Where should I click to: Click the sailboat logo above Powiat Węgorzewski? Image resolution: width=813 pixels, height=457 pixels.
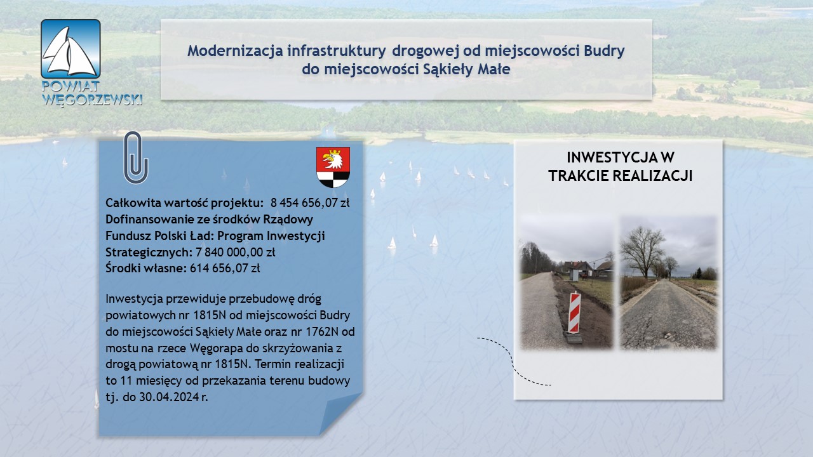71,49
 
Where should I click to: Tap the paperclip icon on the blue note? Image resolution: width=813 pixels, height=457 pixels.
136,157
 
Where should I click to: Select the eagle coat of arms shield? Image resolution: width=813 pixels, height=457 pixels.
333,167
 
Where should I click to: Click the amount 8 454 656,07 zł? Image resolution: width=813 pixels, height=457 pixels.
310,202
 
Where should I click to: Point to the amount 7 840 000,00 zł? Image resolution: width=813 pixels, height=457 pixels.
235,252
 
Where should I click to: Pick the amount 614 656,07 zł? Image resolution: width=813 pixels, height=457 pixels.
225,268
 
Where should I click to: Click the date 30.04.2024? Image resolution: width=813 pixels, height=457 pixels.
170,397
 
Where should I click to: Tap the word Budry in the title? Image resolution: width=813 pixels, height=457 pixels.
604,51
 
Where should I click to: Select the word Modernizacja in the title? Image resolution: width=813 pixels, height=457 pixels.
235,51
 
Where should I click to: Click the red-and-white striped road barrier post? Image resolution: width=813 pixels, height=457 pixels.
574,313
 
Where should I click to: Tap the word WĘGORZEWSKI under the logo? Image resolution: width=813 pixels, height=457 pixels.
92,100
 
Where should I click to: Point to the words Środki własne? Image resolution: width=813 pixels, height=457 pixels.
146,268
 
